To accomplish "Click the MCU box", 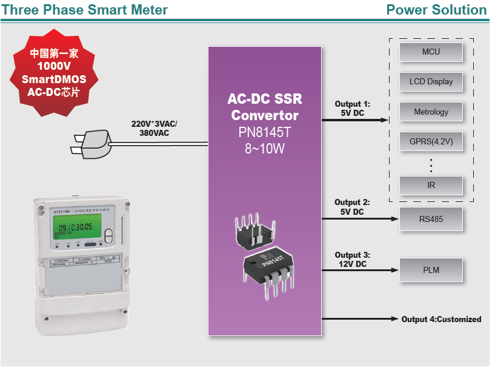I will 431,52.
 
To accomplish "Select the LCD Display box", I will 431,82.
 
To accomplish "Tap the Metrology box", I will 431,112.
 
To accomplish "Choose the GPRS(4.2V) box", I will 431,143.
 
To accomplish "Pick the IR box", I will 431,186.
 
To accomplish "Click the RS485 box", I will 431,219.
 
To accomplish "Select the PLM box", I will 431,270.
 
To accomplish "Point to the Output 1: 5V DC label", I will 352,108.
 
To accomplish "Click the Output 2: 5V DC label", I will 352,207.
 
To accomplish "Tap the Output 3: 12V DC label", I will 352,260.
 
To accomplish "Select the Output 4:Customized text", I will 441,319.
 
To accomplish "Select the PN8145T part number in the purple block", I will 264,132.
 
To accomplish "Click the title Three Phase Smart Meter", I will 85,10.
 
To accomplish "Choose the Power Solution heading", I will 436,10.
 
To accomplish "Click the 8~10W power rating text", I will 264,147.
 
